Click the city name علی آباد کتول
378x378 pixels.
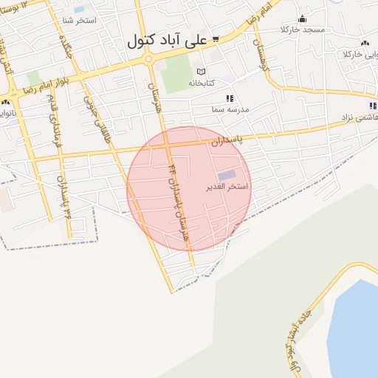167,41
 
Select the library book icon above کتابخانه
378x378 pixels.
201,72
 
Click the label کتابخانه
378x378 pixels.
201,83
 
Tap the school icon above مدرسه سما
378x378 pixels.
230,98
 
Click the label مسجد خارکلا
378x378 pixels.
302,30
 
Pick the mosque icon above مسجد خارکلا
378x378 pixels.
301,19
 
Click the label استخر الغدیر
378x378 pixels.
227,187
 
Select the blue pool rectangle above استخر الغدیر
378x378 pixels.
227,175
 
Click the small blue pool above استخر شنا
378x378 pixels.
79,10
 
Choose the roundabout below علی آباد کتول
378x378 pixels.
148,59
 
